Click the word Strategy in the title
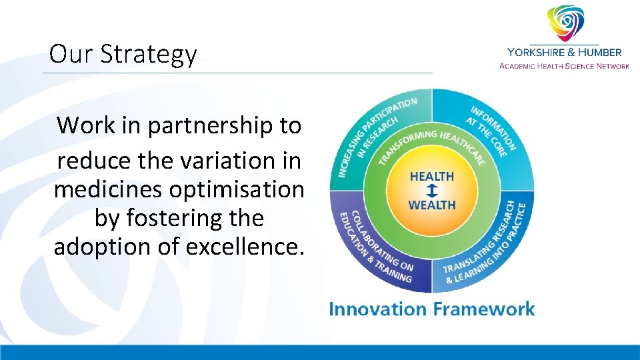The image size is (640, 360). click(x=149, y=55)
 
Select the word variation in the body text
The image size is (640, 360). click(x=207, y=161)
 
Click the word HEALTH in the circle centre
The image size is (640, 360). click(x=431, y=177)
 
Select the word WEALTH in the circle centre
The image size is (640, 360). click(x=431, y=204)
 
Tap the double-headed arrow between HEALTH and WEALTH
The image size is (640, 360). click(x=431, y=191)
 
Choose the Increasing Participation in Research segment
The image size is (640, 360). click(x=373, y=133)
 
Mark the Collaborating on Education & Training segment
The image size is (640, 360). click(x=373, y=247)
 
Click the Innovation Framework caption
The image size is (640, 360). click(x=431, y=309)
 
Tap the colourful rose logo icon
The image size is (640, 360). click(x=565, y=23)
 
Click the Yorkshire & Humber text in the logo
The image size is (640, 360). click(x=564, y=52)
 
